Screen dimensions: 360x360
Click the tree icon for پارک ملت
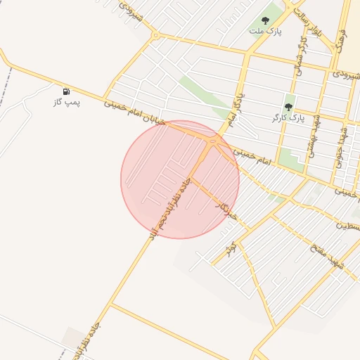(265, 20)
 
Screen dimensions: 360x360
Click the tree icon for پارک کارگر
(288, 107)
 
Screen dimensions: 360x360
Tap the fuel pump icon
(66, 91)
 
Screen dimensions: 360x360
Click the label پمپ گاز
(68, 103)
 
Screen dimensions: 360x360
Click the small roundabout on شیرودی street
(156, 34)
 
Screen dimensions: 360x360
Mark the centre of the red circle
(180, 179)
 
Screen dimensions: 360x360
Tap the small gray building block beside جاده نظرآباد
(72, 337)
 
